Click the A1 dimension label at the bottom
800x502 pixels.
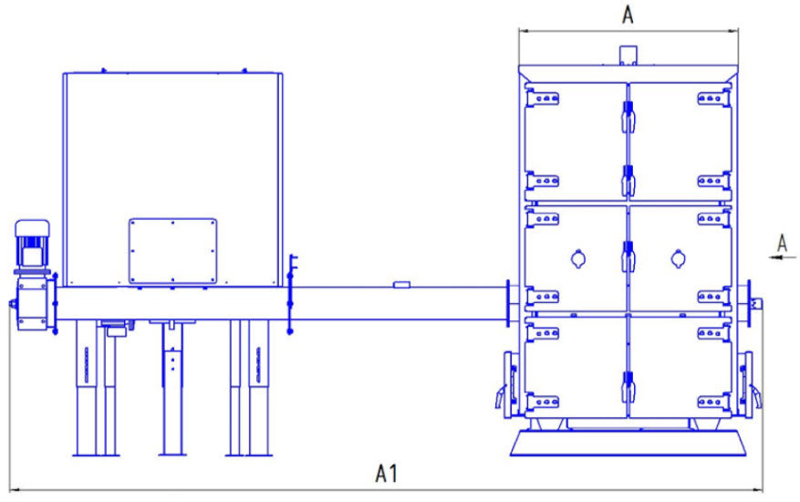(387, 474)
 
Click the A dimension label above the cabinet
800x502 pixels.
(628, 15)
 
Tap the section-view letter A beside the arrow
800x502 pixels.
(782, 242)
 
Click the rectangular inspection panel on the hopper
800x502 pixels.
(172, 250)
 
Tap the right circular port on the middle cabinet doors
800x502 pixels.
(677, 259)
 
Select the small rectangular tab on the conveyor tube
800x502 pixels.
(401, 285)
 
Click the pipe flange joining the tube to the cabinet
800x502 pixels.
(507, 303)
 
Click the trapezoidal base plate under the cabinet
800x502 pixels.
(629, 444)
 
